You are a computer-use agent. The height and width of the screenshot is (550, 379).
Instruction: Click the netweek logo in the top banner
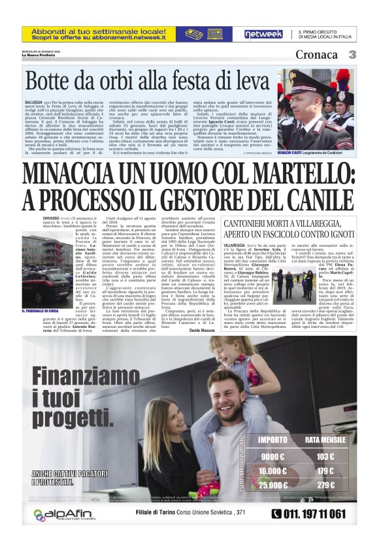tap(263, 34)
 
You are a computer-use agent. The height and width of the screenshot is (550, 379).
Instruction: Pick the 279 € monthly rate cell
tap(325, 485)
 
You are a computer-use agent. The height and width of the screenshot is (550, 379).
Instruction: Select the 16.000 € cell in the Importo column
tap(272, 471)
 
